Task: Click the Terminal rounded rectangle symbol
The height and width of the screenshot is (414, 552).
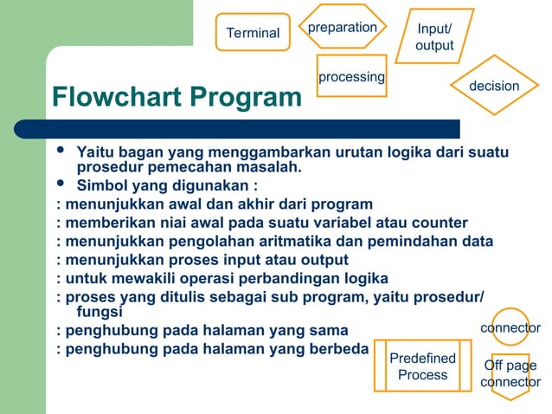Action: coord(253,32)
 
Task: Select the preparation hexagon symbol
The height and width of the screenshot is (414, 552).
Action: coord(343,27)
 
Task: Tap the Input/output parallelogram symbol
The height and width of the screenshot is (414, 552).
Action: coord(434,36)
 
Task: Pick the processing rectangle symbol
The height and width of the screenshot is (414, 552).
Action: coord(351,77)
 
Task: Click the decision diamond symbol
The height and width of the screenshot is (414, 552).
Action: coord(494,86)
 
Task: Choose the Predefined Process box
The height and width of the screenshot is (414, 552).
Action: coord(423,366)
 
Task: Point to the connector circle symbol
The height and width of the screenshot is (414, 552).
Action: coord(510,327)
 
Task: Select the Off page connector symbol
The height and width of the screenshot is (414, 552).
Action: coord(510,374)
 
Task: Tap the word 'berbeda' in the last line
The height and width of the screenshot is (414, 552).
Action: coord(338,349)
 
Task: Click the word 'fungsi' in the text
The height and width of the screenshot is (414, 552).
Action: coord(99,312)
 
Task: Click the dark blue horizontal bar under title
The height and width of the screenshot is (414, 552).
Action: coord(251,129)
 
